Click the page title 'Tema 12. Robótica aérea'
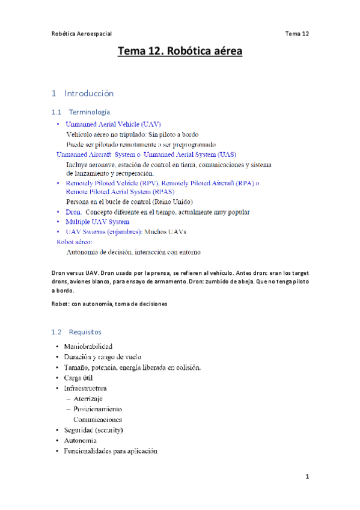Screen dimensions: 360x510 coord(180,52)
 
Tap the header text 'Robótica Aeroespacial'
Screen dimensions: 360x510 coord(81,34)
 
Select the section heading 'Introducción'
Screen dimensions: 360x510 coord(88,93)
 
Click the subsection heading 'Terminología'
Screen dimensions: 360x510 coord(90,112)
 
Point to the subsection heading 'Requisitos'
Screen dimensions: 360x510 coord(85,331)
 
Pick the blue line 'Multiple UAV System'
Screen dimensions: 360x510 coord(97,222)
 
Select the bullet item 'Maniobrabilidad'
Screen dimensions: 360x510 coord(88,346)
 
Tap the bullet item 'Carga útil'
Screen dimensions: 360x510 coord(78,378)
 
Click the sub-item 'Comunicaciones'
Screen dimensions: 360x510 coord(97,419)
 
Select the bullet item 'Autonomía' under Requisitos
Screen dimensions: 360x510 coord(80,440)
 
